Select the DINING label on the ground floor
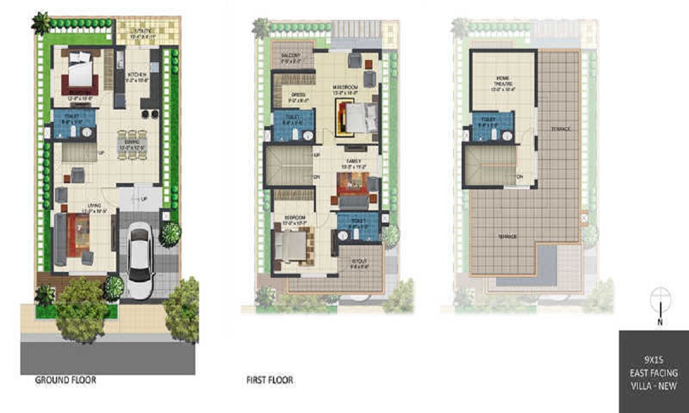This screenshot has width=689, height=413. tap(132, 141)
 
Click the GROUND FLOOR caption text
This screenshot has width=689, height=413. tap(66, 380)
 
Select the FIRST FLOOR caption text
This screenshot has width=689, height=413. tap(269, 380)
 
